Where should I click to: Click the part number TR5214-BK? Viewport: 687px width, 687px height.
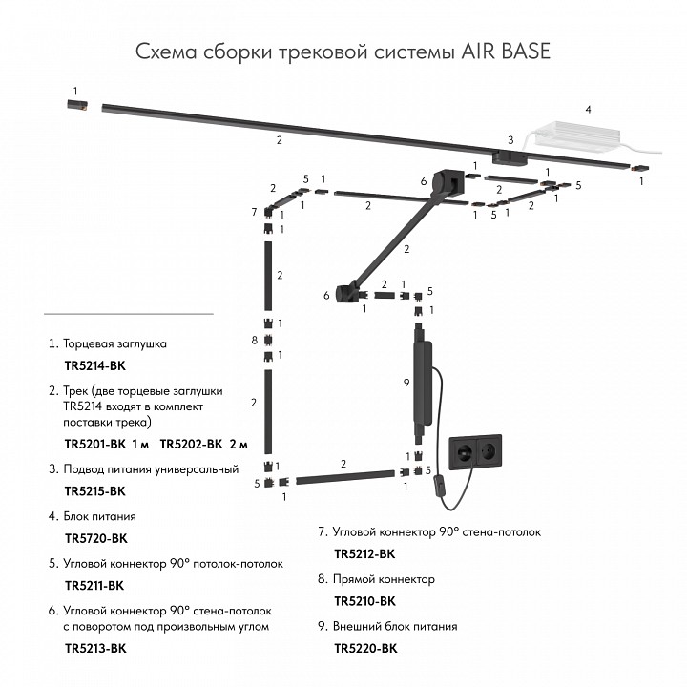click(x=94, y=364)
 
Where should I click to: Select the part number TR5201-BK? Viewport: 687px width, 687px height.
click(x=94, y=444)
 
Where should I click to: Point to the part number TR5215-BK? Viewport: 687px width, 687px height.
click(x=94, y=491)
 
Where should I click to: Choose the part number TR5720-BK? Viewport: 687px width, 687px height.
click(x=94, y=538)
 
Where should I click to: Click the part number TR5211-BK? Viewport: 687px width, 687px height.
click(x=94, y=585)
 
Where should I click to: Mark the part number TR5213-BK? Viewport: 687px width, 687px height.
click(x=94, y=649)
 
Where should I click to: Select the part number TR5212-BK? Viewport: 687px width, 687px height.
click(x=364, y=553)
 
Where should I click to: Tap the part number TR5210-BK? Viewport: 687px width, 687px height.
click(x=364, y=601)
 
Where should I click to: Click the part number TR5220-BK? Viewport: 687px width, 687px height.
click(x=364, y=649)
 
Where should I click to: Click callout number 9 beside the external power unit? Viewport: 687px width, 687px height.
click(x=406, y=383)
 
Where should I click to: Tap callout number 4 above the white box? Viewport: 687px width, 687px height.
click(x=588, y=110)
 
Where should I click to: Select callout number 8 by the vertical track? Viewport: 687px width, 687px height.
click(x=254, y=340)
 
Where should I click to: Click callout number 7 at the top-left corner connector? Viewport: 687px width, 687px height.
click(x=254, y=211)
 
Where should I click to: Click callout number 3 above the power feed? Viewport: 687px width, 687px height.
click(x=510, y=139)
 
